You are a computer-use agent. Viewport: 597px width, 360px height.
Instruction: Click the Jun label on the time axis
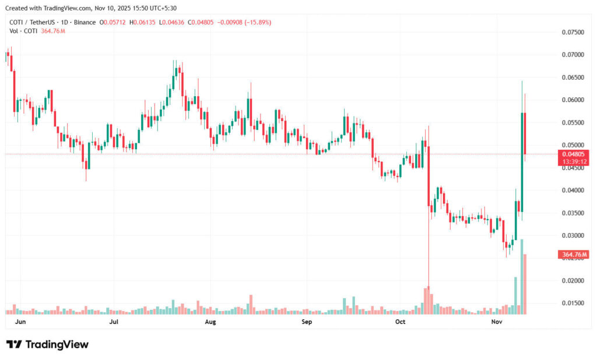pos(19,322)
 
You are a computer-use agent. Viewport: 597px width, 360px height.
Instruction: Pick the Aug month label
pos(210,322)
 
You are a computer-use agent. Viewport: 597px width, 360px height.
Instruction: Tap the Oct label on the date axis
pos(400,322)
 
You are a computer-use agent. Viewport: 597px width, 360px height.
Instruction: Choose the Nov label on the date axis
pos(496,322)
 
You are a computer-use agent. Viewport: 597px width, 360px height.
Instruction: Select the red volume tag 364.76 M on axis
pos(574,255)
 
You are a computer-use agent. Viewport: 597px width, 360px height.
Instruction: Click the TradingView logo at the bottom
pos(48,344)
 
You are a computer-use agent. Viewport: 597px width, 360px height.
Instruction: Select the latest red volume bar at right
pos(526,284)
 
